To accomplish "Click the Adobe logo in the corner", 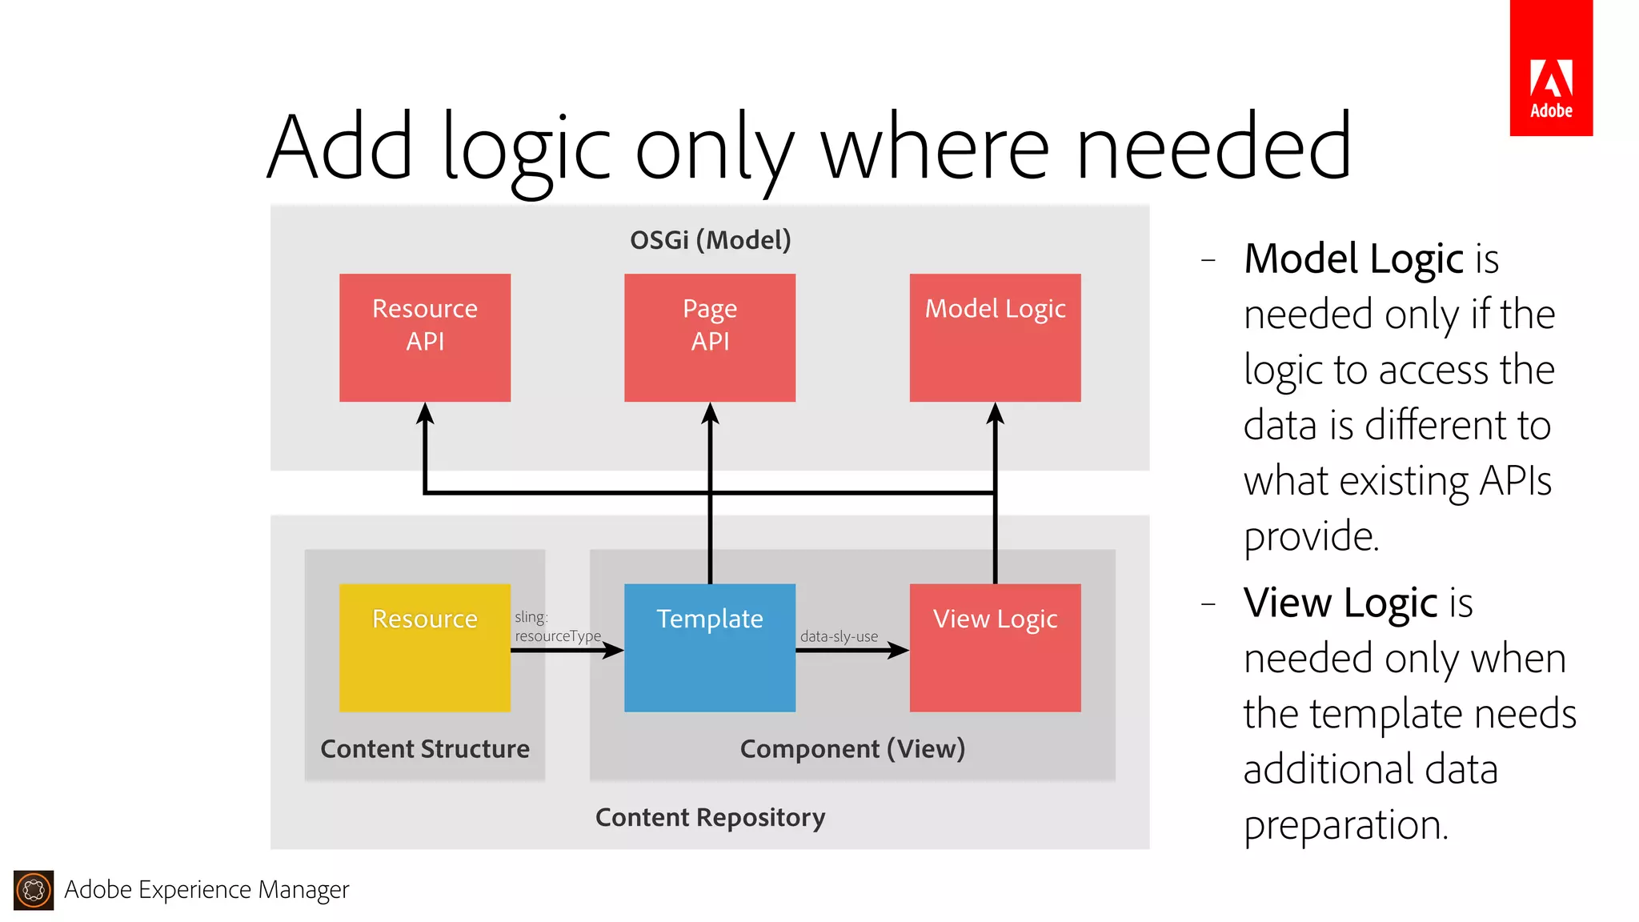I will [x=1550, y=69].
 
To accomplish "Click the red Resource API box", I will [x=425, y=337].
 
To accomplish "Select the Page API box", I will [x=710, y=337].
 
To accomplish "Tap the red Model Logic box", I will [x=995, y=337].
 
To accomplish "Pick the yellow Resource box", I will [x=425, y=647].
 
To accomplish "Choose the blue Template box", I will [x=710, y=647].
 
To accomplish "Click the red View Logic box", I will [x=995, y=647].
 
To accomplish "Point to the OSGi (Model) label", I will [x=710, y=239].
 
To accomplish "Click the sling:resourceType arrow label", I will [x=556, y=627].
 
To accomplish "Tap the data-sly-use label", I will [x=839, y=636].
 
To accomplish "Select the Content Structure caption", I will [x=425, y=749].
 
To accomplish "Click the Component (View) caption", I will [x=852, y=749].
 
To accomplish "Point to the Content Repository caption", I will [x=710, y=817].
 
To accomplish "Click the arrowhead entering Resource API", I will [x=425, y=414].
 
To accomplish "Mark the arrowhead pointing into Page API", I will [x=710, y=414].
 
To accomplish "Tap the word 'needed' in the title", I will [x=1213, y=147].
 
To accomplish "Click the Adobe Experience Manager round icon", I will [x=34, y=890].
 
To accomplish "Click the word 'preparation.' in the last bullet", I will [x=1346, y=825].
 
